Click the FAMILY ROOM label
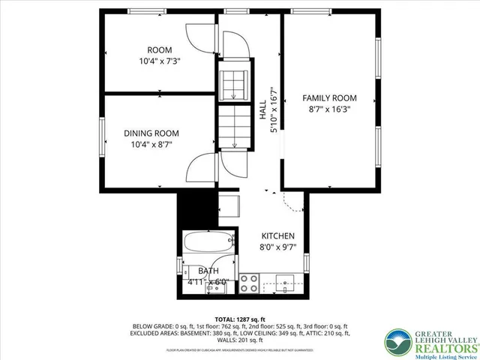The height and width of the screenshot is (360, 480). (x=329, y=98)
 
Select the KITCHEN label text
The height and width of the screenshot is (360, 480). (x=278, y=235)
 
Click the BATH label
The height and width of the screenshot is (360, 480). (x=209, y=270)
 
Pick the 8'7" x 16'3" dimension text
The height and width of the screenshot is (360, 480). (x=329, y=109)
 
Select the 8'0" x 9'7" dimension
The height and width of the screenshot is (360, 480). (x=278, y=246)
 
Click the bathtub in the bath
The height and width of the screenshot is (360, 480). (x=208, y=244)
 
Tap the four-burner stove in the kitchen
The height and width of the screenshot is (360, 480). (x=249, y=283)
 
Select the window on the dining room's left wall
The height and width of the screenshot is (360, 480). (x=103, y=135)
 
